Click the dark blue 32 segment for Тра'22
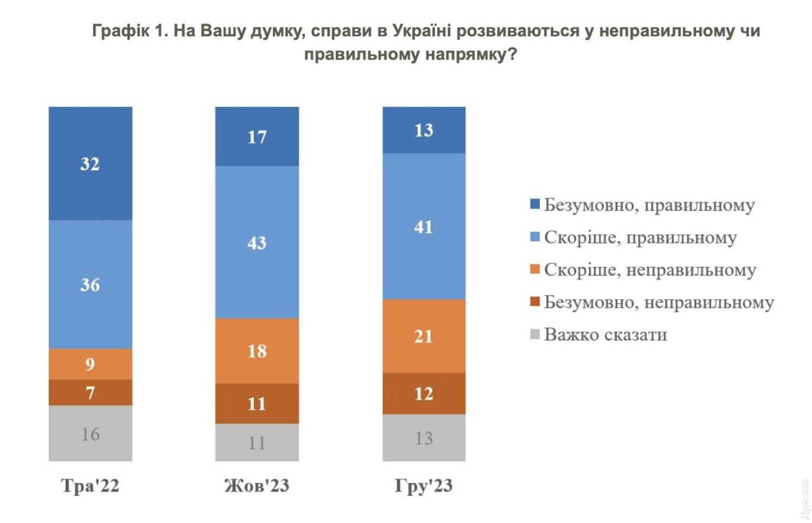(x=90, y=163)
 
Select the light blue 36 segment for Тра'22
(x=90, y=284)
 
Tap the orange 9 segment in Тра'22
(x=90, y=364)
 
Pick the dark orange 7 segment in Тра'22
(x=90, y=392)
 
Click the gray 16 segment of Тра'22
(x=90, y=434)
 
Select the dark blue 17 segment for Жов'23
(x=257, y=137)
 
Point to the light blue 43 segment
(x=257, y=242)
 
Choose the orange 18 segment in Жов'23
(x=257, y=351)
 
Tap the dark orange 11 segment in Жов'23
(x=257, y=404)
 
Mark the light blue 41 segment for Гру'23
(x=424, y=227)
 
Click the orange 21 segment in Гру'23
(x=424, y=336)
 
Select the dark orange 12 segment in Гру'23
(x=424, y=393)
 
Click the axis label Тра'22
(x=90, y=486)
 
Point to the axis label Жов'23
(x=257, y=486)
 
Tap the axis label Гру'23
(x=424, y=486)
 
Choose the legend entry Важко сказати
(x=605, y=334)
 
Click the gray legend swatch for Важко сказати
(x=535, y=334)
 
